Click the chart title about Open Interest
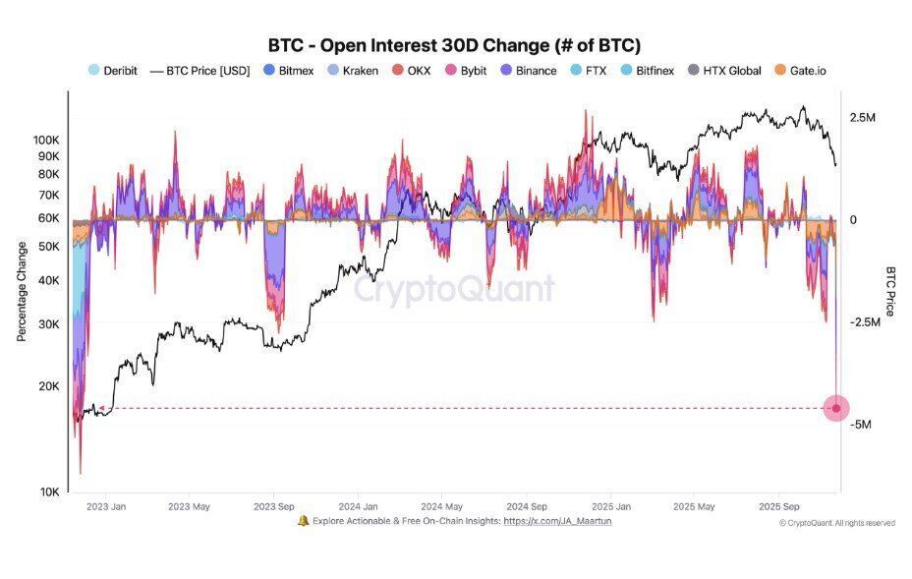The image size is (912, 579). point(454,45)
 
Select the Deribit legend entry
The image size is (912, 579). point(113,71)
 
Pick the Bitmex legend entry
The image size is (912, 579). point(288,71)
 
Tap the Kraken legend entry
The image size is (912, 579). point(352,71)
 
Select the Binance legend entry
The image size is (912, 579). point(528,71)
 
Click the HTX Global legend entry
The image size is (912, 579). point(723,71)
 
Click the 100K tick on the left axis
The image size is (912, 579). point(46,140)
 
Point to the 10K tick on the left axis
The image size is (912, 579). point(49,492)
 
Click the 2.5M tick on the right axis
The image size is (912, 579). point(862,118)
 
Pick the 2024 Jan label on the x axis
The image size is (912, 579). point(357,507)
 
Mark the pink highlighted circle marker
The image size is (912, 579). point(836,408)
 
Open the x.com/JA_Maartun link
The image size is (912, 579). point(557,521)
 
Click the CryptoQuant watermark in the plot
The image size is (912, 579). point(454,289)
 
